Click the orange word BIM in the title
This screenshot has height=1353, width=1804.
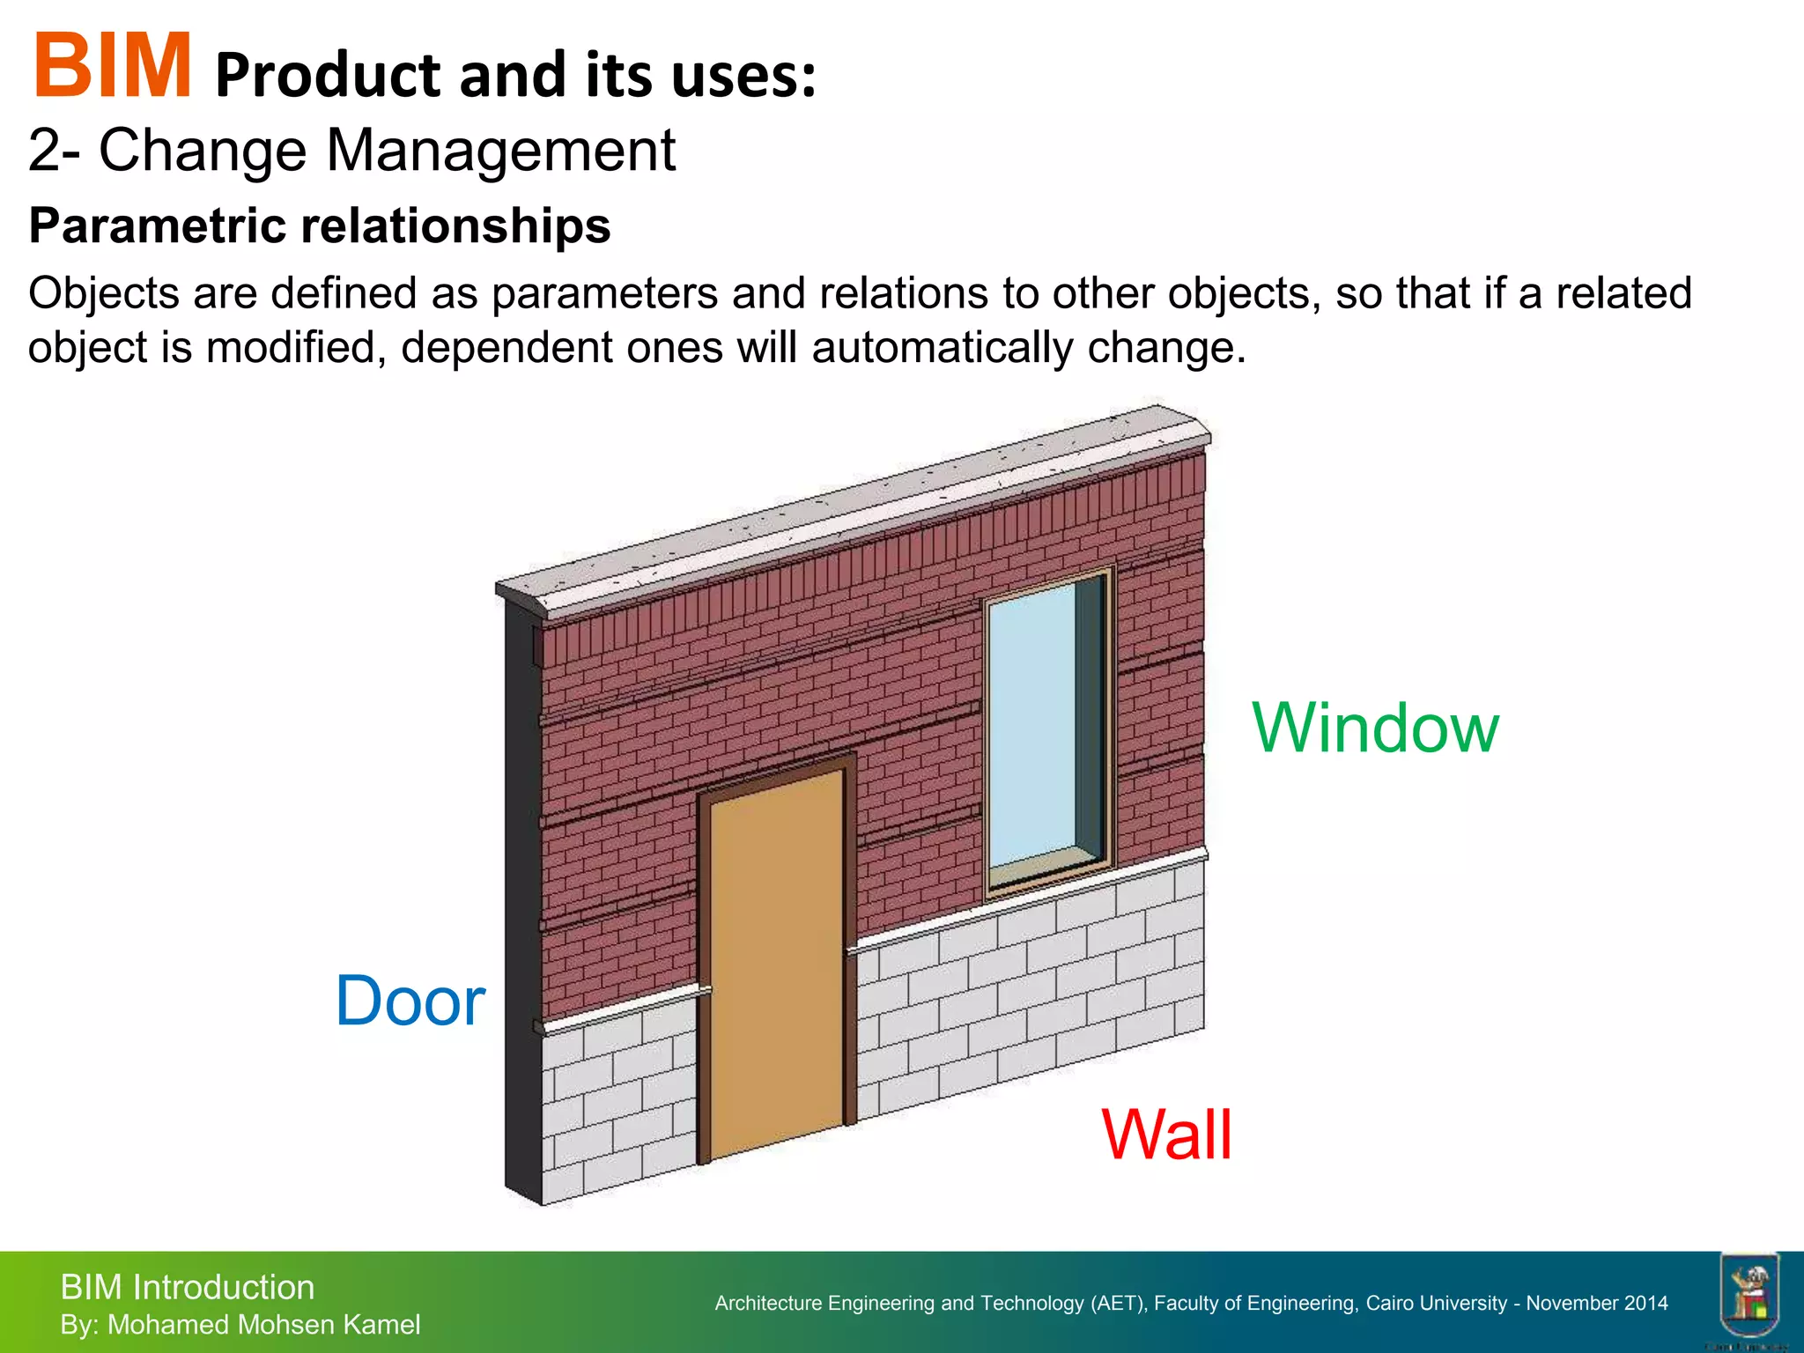[x=112, y=66]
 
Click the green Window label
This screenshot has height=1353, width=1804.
[x=1375, y=728]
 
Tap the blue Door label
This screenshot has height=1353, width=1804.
[x=410, y=1002]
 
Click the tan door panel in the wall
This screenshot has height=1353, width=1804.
[x=775, y=960]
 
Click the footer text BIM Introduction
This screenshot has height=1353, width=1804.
[x=187, y=1288]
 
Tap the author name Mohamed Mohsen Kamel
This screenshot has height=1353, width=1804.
[x=263, y=1325]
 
